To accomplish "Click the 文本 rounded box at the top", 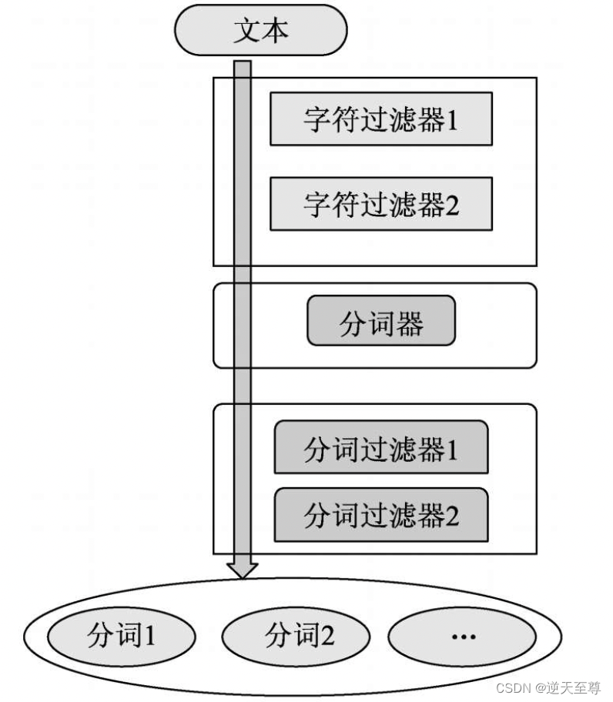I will tap(261, 31).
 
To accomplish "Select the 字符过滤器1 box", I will tap(380, 119).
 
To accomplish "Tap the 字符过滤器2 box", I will tap(380, 204).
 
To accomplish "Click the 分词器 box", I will tap(381, 321).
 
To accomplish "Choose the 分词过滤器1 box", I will tap(380, 447).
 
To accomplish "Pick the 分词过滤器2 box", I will tap(380, 515).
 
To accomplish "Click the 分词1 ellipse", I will tap(122, 636).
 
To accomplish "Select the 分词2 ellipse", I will tap(296, 636).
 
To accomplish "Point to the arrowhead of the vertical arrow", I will tap(243, 570).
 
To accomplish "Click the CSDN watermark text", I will tap(548, 687).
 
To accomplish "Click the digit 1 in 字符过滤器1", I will tap(452, 119).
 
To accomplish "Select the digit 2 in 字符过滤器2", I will tap(452, 204).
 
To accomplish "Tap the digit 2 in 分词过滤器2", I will tap(452, 515).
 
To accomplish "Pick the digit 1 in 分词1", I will tap(150, 636).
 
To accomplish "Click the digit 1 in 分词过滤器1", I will tap(452, 448).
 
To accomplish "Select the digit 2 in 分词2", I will tap(327, 636).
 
